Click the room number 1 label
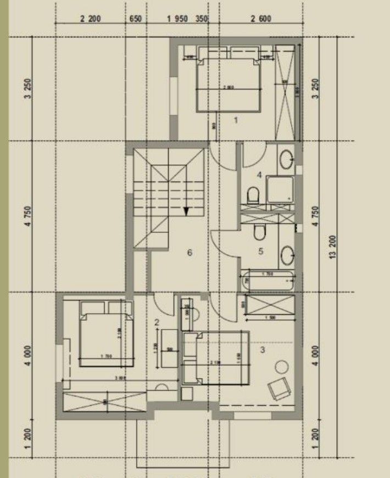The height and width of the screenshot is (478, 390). (236, 120)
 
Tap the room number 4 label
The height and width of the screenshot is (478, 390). (259, 175)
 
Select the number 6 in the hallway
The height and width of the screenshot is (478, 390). (190, 253)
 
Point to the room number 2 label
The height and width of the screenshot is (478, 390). (157, 323)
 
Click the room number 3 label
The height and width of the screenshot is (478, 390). (263, 349)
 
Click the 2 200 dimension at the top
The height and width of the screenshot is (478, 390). (90, 18)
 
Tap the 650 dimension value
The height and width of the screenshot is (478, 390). (135, 18)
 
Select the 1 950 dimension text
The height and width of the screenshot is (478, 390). (177, 18)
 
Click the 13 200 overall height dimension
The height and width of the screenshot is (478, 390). (333, 248)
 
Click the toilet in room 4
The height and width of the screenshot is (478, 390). (253, 196)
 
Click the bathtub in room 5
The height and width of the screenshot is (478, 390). (268, 281)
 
